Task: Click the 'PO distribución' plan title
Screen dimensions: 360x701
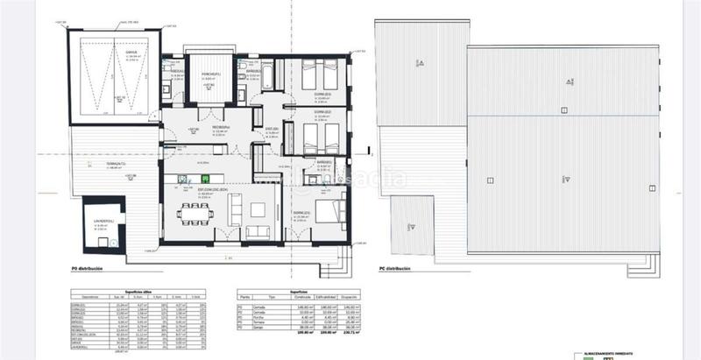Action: coord(94,269)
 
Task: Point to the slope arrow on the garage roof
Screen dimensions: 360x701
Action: coord(421,62)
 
